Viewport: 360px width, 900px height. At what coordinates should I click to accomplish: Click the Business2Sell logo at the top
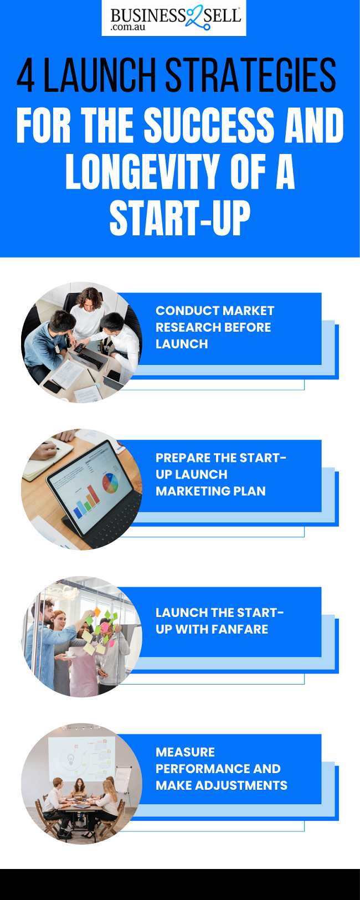coord(174,18)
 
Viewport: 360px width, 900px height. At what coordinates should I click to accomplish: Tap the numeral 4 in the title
coord(25,75)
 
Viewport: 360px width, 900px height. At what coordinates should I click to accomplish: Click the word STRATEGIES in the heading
coord(250,75)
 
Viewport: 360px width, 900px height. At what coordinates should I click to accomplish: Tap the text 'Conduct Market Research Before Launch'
coord(214,327)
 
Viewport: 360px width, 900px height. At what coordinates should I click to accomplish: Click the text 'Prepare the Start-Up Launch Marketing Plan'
coord(220,474)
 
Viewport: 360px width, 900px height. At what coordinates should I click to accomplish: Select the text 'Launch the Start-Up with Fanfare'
coord(219,621)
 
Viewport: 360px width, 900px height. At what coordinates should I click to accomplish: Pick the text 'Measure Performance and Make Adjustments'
coord(222,768)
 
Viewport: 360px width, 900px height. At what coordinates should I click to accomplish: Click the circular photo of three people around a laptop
coord(81,342)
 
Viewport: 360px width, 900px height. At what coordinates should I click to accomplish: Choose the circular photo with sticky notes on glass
coord(81,636)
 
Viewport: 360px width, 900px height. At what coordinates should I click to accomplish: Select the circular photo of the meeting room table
coord(81,784)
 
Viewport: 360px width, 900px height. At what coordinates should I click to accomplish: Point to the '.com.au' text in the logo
coord(128,27)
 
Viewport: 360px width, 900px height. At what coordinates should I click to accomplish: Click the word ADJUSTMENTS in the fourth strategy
coord(241,785)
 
